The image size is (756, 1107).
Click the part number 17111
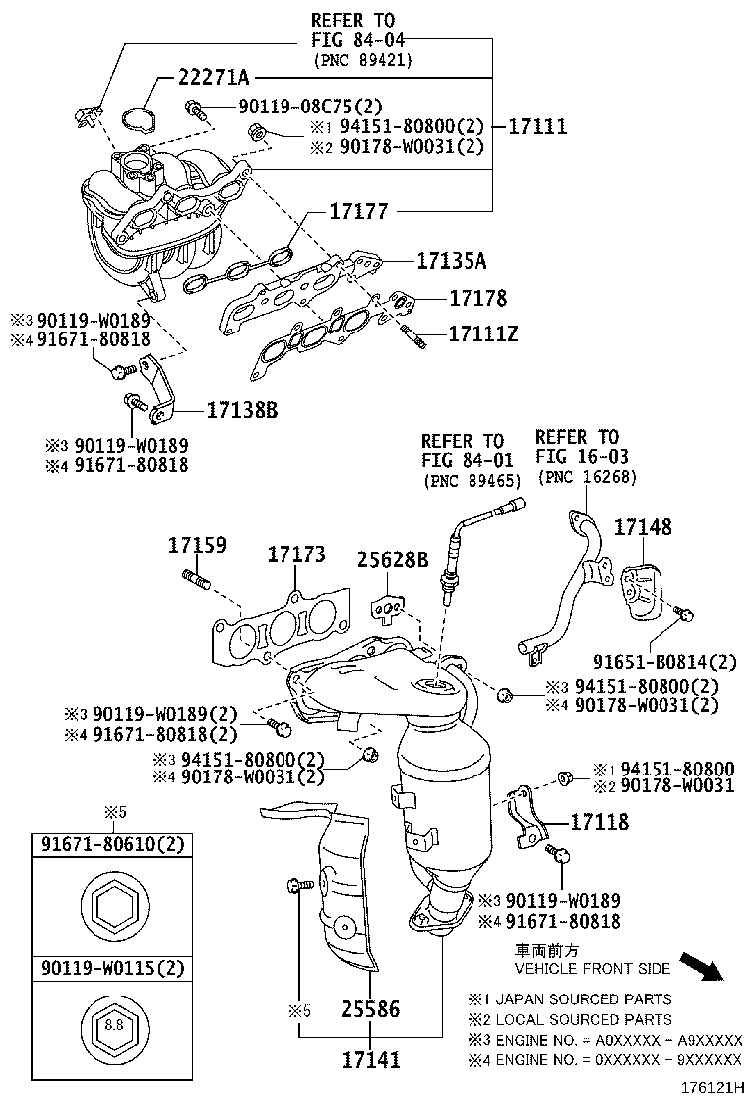[x=538, y=126]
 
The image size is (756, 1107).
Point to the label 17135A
[x=451, y=262]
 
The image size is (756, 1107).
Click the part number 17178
[x=477, y=298]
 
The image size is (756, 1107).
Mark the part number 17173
[x=295, y=554]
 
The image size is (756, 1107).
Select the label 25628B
[x=392, y=560]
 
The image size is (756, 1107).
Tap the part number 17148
[x=642, y=527]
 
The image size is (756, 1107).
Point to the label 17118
[x=599, y=821]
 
